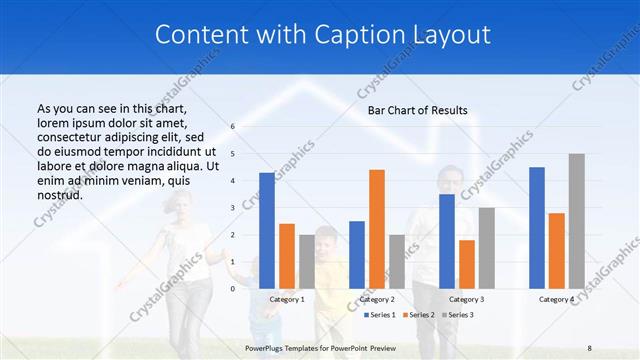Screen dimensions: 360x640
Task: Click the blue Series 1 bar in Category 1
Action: coord(267,230)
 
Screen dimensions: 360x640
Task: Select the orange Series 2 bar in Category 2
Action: coord(377,229)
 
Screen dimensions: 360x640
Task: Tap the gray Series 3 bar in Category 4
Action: coord(577,221)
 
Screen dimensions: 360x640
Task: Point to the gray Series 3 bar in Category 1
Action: coord(307,261)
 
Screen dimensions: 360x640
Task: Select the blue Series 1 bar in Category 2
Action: coord(357,254)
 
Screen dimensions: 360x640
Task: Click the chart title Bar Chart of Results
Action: coord(418,110)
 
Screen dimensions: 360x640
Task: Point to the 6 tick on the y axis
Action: coord(232,127)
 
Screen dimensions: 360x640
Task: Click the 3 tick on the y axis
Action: coord(232,208)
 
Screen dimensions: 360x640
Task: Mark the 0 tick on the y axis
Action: coord(232,288)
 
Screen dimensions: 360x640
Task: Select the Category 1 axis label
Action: coord(287,299)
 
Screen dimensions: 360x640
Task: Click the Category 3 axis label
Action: coord(467,299)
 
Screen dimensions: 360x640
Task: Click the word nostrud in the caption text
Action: coord(59,195)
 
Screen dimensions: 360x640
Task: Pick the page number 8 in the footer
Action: coord(589,345)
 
